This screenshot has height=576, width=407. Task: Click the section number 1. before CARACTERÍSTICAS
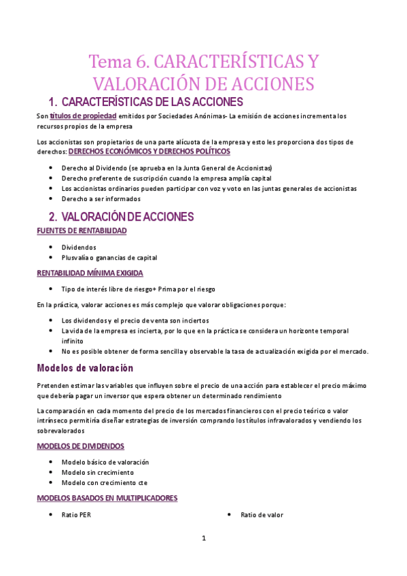53,103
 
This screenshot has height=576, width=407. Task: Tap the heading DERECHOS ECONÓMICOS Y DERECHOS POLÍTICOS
149,151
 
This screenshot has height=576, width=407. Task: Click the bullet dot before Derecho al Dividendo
52,167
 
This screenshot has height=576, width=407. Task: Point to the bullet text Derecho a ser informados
101,199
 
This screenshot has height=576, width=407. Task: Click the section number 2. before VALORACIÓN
53,217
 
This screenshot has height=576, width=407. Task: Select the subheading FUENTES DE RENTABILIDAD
82,231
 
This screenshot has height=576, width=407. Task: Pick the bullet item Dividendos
79,247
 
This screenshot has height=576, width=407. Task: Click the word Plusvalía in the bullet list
77,257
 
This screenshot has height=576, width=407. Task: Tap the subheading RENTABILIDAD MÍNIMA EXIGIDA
90,273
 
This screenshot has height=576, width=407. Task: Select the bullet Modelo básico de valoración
105,462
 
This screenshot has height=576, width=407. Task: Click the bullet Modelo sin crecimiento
97,472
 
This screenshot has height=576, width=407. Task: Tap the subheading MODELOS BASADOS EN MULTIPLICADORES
107,498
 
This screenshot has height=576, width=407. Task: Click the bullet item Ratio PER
76,515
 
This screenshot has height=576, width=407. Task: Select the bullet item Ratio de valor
262,515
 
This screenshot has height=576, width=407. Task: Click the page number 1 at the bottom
203,539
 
